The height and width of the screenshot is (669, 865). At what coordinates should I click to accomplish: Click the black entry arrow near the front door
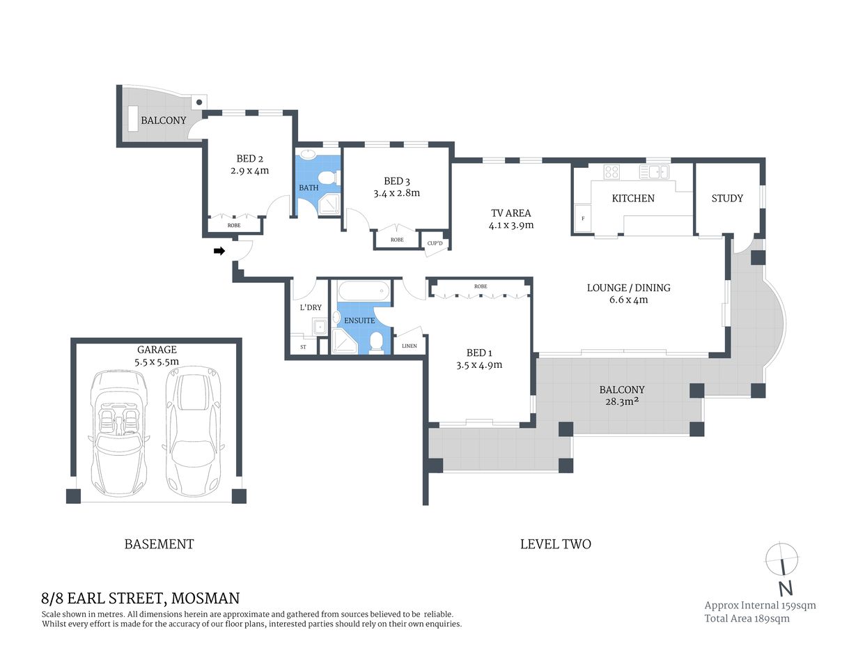point(219,251)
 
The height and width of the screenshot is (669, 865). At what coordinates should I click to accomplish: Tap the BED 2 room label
point(249,158)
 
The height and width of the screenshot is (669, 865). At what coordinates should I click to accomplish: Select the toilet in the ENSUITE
point(376,341)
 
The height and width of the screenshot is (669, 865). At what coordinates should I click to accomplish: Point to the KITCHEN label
point(632,199)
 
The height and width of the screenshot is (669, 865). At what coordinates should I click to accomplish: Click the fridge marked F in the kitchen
point(582,219)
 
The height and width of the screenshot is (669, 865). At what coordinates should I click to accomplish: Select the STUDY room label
point(726,199)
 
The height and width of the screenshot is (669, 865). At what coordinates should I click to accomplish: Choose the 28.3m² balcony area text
point(621,402)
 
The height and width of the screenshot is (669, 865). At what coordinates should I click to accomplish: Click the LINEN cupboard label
point(410,346)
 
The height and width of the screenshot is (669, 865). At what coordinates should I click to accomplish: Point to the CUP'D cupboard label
point(435,243)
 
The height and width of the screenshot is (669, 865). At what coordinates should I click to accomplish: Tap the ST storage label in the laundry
point(303,346)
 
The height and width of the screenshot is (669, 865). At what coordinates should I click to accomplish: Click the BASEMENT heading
point(159,544)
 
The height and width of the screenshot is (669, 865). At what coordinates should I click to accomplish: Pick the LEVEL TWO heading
point(555,544)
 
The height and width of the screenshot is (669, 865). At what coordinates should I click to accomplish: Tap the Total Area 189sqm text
point(747,618)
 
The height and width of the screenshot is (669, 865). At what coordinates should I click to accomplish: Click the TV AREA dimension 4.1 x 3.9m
point(511,225)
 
